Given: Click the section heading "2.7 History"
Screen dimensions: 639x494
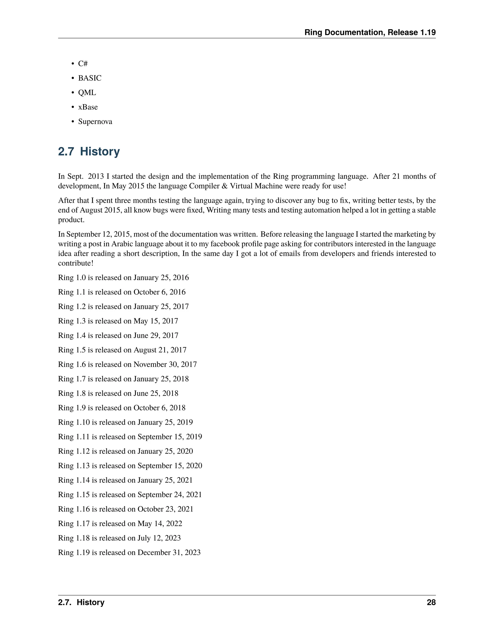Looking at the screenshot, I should [x=89, y=152].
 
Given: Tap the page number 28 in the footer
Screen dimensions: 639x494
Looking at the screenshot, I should [x=431, y=602].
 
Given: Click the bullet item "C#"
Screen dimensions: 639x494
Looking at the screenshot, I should [x=83, y=63].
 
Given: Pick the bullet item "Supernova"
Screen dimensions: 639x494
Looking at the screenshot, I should [x=95, y=122].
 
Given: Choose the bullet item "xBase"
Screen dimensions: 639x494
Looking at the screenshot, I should [x=88, y=107].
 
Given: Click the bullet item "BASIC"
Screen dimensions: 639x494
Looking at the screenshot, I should [x=89, y=78].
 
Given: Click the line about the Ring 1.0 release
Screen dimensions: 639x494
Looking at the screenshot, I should [x=123, y=277].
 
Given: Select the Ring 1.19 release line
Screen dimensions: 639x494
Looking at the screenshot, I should [x=129, y=552].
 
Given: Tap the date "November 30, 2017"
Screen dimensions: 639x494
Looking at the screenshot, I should [x=165, y=364].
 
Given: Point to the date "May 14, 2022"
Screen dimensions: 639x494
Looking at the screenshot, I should [x=160, y=523].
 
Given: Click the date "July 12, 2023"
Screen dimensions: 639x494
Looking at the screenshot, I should [x=159, y=538].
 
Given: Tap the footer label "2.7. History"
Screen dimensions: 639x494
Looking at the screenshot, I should [x=81, y=602].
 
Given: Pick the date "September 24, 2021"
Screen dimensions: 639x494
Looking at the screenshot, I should [x=170, y=495].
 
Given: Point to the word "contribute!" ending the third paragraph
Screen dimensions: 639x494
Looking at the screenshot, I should [x=76, y=263].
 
